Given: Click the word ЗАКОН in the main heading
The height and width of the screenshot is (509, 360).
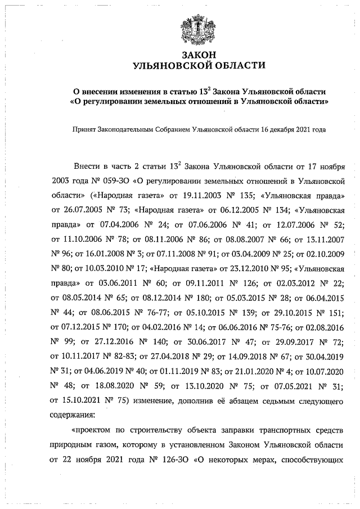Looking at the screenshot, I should (199, 55).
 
